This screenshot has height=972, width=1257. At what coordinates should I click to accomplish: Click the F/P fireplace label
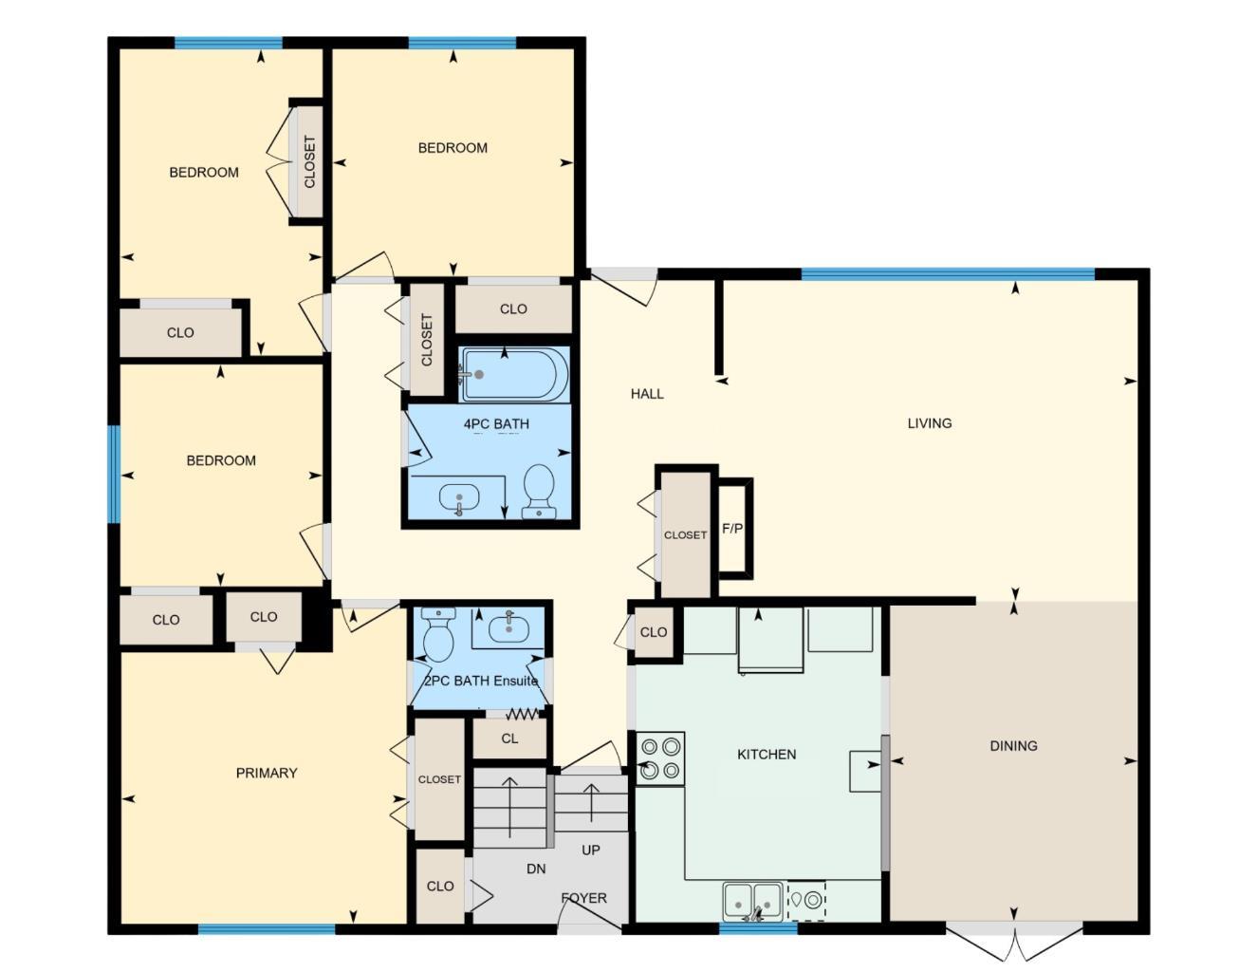[732, 529]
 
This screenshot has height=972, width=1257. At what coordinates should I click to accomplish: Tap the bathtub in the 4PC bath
[514, 375]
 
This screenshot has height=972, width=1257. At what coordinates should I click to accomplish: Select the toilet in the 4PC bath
[539, 490]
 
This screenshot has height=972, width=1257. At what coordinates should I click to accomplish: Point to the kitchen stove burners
[660, 757]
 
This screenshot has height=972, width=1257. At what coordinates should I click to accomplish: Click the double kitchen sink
[753, 899]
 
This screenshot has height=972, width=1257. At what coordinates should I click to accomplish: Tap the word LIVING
[929, 423]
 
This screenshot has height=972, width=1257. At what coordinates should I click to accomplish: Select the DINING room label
[1013, 746]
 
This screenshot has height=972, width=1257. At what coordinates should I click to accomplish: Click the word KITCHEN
[767, 755]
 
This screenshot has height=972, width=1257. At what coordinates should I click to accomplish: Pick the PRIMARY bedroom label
[267, 774]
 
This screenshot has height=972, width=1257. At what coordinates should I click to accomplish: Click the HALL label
[647, 394]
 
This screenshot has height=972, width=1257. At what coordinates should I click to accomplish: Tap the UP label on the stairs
[590, 850]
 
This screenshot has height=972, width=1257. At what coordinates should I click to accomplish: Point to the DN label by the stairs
[536, 869]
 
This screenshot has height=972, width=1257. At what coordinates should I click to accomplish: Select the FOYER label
[583, 898]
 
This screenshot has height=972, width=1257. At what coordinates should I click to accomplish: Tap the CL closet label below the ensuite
[509, 738]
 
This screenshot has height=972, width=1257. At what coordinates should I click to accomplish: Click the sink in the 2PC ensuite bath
[509, 627]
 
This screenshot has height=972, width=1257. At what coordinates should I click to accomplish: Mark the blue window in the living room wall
[947, 274]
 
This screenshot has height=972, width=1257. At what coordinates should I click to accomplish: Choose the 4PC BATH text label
[496, 424]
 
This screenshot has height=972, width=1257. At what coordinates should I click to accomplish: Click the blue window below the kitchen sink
[758, 927]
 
